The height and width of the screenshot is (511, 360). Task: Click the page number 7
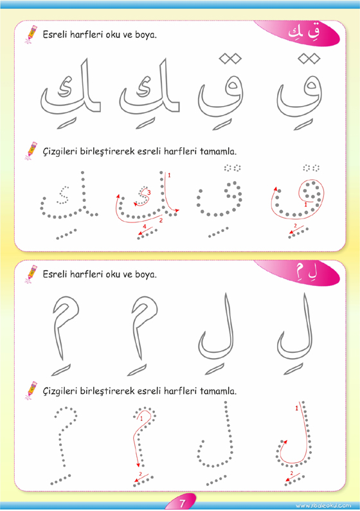182,503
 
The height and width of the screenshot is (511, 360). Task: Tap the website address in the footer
323,505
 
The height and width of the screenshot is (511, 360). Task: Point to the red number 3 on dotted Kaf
149,193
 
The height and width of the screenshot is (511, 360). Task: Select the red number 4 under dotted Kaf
145,226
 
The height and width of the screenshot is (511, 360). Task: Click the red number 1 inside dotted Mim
141,419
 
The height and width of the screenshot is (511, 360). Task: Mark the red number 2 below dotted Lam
292,473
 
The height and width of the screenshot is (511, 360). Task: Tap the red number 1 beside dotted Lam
296,408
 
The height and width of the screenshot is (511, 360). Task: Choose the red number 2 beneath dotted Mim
140,474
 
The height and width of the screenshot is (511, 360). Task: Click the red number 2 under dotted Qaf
296,226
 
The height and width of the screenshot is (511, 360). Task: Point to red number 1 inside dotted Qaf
305,204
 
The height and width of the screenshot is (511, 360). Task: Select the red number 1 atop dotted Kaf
169,175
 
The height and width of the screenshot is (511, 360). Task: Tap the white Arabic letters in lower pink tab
305,272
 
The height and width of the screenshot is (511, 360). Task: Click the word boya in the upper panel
146,35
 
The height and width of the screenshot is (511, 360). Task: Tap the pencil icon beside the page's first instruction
31,34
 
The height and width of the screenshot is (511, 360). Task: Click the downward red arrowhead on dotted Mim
138,465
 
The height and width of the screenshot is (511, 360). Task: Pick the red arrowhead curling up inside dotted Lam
285,442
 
